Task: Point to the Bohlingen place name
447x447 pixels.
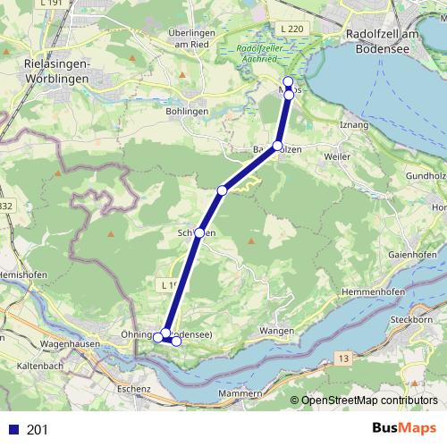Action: (x=187, y=111)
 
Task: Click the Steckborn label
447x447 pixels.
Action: (x=423, y=319)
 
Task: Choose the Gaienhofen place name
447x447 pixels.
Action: (x=412, y=254)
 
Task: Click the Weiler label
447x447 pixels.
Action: (x=338, y=156)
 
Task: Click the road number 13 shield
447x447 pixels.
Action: (x=342, y=358)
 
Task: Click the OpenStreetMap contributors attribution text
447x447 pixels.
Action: (x=368, y=401)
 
